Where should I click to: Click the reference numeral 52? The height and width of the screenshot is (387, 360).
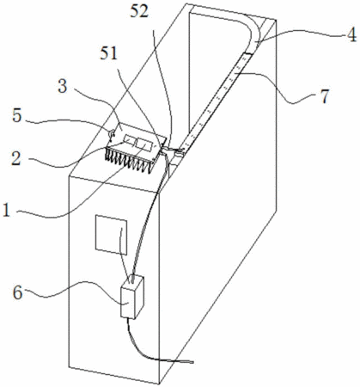click(x=139, y=13)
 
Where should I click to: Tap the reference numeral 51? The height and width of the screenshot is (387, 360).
click(x=109, y=53)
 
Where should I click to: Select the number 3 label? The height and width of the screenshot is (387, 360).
click(x=63, y=86)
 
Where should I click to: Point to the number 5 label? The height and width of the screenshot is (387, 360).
click(x=17, y=116)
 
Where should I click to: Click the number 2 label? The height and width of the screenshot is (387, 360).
click(x=16, y=158)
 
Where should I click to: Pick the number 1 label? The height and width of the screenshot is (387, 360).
click(x=6, y=211)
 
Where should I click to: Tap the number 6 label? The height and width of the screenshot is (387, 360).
click(x=18, y=293)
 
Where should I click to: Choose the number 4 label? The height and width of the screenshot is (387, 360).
click(x=351, y=36)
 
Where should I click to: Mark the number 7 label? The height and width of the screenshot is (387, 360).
click(x=325, y=96)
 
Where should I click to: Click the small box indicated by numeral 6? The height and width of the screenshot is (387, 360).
click(x=132, y=298)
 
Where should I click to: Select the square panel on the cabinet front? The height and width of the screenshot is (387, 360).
click(x=111, y=235)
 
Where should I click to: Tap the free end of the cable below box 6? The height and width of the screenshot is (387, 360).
click(x=192, y=362)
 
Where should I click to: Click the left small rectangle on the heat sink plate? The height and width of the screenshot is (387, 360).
click(x=130, y=139)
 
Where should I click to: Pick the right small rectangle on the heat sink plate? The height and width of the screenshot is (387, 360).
click(x=145, y=144)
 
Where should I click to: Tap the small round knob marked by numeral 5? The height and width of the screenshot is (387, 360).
click(x=111, y=133)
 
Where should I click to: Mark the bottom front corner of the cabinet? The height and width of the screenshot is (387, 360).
click(x=159, y=384)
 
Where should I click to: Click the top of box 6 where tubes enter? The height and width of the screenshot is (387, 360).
click(x=134, y=280)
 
